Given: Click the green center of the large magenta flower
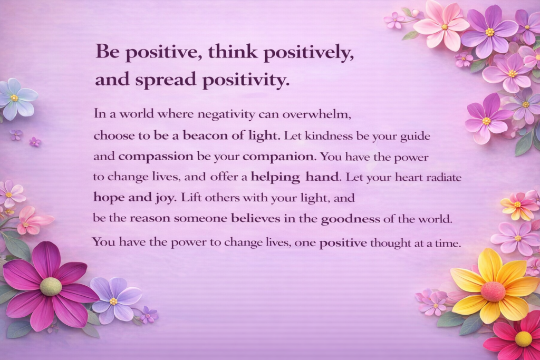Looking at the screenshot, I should click(x=50, y=286).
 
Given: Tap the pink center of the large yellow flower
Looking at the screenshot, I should click(x=493, y=291).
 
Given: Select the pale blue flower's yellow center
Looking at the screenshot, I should click(x=15, y=98).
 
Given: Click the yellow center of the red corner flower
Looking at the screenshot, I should click(x=523, y=338).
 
